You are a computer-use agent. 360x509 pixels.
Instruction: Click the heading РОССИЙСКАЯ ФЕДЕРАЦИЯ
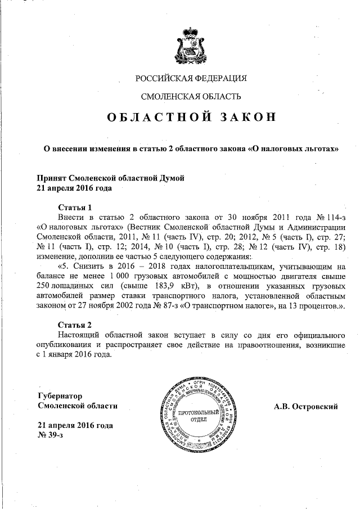tap(191, 78)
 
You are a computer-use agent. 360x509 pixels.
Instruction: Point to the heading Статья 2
tap(75, 324)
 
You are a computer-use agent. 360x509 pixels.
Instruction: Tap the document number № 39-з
tap(49, 435)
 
